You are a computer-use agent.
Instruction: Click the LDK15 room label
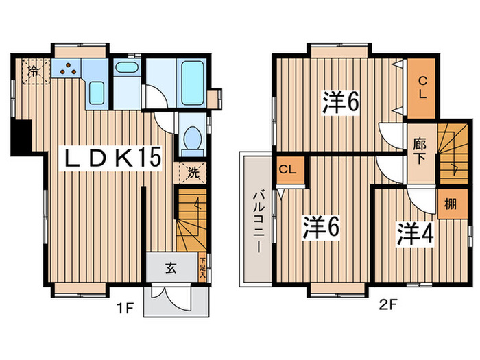[x=112, y=158]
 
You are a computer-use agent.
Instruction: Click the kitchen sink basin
[x=97, y=91]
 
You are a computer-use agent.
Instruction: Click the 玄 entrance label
[x=170, y=268]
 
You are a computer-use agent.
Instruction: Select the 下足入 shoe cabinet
[x=202, y=268]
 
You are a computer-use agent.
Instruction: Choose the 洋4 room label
[x=413, y=233]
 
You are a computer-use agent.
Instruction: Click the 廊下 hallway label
[x=420, y=150]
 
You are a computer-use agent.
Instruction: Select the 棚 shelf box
[x=451, y=204]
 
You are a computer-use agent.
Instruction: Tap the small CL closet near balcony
[x=287, y=170]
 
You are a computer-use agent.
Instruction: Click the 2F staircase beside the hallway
[x=451, y=154]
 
